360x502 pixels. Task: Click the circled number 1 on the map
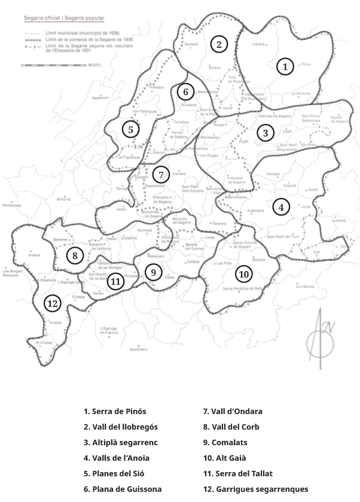[286, 67]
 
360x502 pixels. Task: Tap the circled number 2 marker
[219, 44]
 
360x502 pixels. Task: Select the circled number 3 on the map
[266, 133]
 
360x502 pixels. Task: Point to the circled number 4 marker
[280, 207]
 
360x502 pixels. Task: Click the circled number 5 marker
[130, 129]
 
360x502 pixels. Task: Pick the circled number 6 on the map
[186, 92]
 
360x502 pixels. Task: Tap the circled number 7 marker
[160, 175]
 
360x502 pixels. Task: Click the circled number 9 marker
[153, 272]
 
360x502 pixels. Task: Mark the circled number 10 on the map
[243, 275]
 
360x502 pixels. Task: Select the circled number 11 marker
[116, 281]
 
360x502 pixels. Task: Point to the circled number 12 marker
[53, 303]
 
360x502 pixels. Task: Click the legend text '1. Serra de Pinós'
[115, 412]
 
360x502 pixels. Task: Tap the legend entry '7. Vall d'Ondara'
[233, 412]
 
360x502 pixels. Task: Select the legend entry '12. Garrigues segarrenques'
[255, 489]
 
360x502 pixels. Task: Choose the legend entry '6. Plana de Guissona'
[123, 489]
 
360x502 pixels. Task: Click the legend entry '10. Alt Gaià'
[225, 458]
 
